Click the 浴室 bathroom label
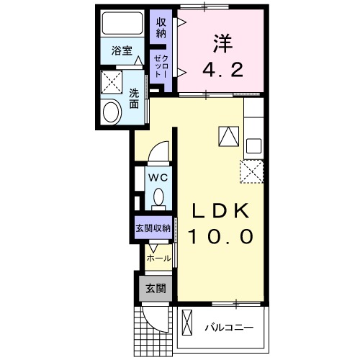pos(122,51)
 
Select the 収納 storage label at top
pos(161,27)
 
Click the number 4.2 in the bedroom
pos(222,71)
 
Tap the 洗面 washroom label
pos(135,98)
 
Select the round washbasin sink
pos(112,112)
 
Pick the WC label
pos(158,176)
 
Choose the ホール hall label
pos(158,258)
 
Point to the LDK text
pos(221,210)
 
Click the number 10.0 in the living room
pos(221,236)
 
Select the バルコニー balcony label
pos(228,328)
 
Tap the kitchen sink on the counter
pos(253,145)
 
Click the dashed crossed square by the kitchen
pos(251,170)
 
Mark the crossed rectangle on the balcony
pos(188,323)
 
